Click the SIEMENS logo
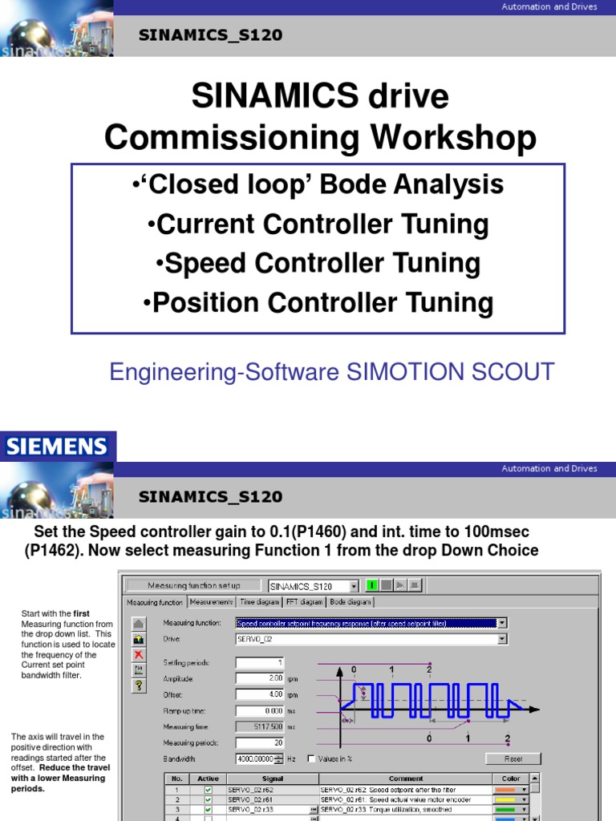tap(57, 446)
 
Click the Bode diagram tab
tap(351, 601)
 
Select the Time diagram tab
tap(258, 601)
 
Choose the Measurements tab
tap(211, 601)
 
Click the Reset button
tap(513, 758)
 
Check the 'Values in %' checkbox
tap(311, 758)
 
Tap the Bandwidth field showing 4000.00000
tap(255, 758)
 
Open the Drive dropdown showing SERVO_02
tap(502, 639)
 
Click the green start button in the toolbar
tap(372, 585)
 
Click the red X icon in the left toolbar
tap(138, 654)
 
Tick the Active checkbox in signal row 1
tap(208, 790)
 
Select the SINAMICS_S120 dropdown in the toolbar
tap(314, 586)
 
